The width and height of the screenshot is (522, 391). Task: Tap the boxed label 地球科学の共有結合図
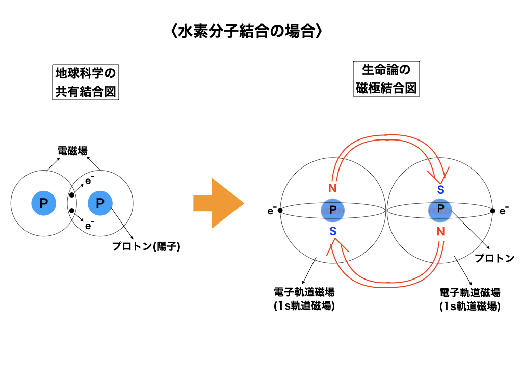pyautogui.click(x=86, y=82)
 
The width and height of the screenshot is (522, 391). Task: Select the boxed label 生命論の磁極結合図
pyautogui.click(x=386, y=79)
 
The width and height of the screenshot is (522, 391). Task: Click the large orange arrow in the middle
pyautogui.click(x=218, y=204)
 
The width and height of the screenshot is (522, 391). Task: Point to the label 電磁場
pyautogui.click(x=72, y=151)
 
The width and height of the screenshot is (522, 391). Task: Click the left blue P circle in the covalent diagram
pyautogui.click(x=44, y=204)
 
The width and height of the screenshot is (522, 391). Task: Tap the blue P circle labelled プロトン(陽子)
pyautogui.click(x=100, y=204)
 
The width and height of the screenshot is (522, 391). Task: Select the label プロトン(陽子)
pyautogui.click(x=147, y=247)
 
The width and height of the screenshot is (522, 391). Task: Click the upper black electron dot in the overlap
pyautogui.click(x=72, y=195)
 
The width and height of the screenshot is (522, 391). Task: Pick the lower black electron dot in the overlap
pyautogui.click(x=72, y=211)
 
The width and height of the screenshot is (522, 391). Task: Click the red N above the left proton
pyautogui.click(x=332, y=189)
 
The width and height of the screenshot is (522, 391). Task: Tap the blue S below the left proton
pyautogui.click(x=332, y=231)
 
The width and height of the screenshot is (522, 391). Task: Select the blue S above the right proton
pyautogui.click(x=440, y=190)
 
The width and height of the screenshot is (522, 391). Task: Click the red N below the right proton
pyautogui.click(x=440, y=231)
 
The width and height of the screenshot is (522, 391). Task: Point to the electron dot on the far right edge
pyautogui.click(x=493, y=210)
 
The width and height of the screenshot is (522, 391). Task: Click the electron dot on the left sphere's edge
pyautogui.click(x=280, y=210)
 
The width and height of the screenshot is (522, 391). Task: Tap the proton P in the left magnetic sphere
pyautogui.click(x=333, y=210)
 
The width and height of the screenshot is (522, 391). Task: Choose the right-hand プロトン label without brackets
pyautogui.click(x=494, y=258)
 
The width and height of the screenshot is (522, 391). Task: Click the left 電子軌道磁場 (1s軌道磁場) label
pyautogui.click(x=304, y=299)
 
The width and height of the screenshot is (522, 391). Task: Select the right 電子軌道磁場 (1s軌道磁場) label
pyautogui.click(x=469, y=299)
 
